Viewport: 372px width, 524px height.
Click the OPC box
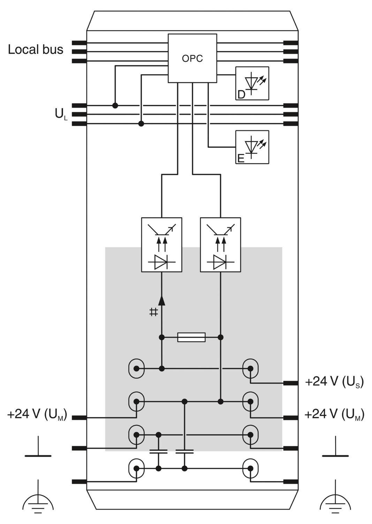(192, 58)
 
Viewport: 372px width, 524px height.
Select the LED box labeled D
(252, 83)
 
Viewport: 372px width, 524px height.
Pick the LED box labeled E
(252, 147)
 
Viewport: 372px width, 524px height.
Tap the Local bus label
(36, 50)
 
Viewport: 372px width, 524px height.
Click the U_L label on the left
(61, 115)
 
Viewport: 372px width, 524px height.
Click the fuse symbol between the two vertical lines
(191, 337)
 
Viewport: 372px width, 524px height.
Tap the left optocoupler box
(162, 245)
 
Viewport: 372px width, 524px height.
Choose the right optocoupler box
(220, 245)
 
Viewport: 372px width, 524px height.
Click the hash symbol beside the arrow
(153, 312)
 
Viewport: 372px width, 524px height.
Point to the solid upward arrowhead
(162, 300)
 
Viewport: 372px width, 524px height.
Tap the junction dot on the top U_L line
(115, 105)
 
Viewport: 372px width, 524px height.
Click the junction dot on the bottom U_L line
(141, 124)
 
